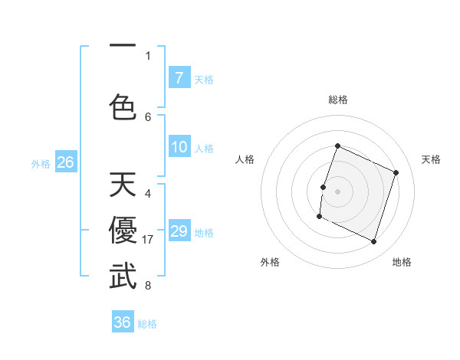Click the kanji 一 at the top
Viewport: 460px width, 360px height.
(x=123, y=47)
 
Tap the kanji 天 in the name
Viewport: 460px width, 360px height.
(x=123, y=185)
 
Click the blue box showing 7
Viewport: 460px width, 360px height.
(x=179, y=78)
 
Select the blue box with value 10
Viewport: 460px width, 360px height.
(x=179, y=147)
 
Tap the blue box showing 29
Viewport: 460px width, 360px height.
(x=179, y=231)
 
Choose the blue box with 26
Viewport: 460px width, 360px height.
(x=65, y=162)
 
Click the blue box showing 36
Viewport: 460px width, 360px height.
(x=123, y=322)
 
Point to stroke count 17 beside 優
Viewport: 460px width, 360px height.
(x=149, y=240)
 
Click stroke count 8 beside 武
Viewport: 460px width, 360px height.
(x=148, y=286)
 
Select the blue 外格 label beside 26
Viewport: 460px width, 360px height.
(x=41, y=163)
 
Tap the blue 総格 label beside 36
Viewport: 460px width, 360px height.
(x=147, y=324)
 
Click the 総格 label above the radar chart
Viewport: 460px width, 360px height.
(x=337, y=100)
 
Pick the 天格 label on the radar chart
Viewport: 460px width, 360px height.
(x=431, y=159)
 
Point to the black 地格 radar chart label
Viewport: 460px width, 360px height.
(x=402, y=262)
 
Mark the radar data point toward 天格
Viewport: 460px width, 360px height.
(x=396, y=172)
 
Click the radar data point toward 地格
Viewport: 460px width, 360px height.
(x=374, y=242)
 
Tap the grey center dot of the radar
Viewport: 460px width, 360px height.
(x=337, y=191)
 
